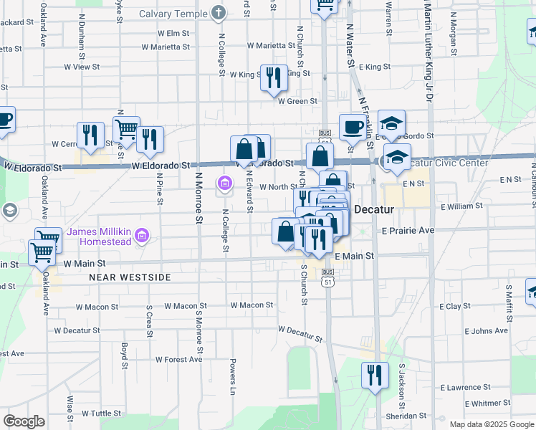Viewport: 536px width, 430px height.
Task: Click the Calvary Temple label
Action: [172, 14]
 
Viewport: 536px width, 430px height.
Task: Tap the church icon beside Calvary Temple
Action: [219, 13]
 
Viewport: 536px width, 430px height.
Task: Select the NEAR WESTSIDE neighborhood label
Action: [130, 277]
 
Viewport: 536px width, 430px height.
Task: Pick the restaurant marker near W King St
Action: [272, 77]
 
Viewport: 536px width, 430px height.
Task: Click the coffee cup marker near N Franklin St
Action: [352, 126]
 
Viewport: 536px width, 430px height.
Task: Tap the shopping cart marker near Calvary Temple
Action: [324, 6]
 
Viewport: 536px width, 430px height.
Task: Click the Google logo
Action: [24, 421]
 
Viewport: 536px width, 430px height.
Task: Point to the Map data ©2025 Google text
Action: [492, 424]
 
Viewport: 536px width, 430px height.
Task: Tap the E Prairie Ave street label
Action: [408, 231]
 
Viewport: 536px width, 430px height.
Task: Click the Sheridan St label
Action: [405, 416]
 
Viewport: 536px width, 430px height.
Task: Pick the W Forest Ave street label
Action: [178, 360]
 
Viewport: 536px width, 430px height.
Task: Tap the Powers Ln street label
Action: [233, 377]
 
